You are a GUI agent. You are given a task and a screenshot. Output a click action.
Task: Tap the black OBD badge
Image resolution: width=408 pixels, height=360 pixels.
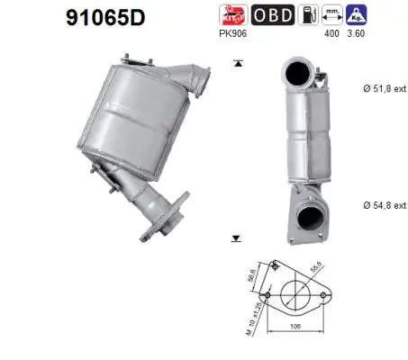(x=270, y=14)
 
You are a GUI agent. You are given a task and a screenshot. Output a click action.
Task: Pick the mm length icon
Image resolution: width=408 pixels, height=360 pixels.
(x=333, y=14)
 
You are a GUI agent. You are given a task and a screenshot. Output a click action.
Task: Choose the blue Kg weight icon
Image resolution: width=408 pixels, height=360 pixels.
(x=358, y=14)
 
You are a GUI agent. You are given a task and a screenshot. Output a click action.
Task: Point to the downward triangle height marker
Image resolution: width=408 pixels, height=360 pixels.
(x=237, y=238)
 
